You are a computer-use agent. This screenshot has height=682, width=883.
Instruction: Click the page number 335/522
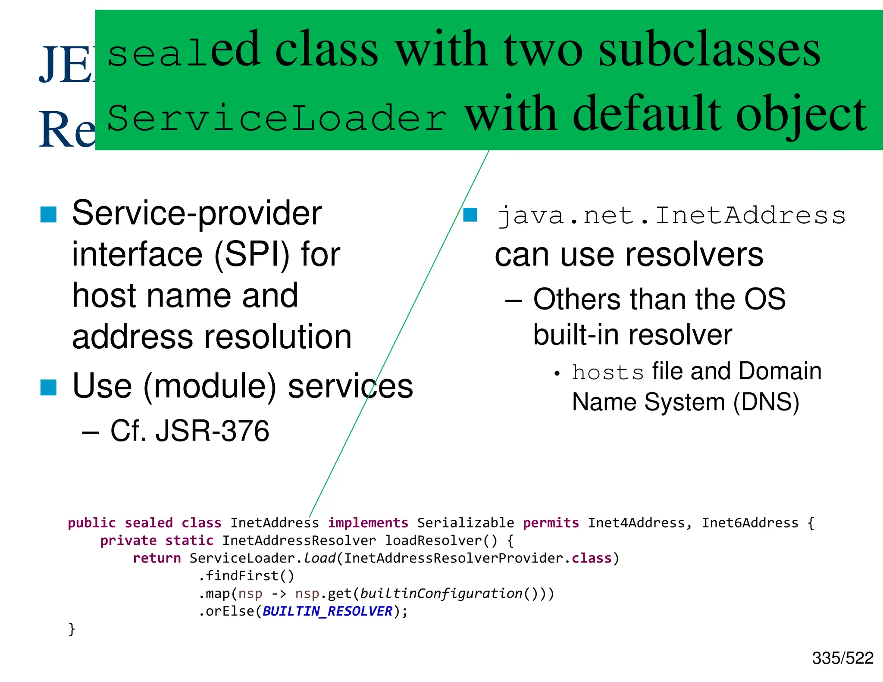click(842, 658)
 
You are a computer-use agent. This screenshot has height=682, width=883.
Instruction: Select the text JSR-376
click(212, 431)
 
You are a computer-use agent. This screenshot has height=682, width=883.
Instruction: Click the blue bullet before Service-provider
click(48, 214)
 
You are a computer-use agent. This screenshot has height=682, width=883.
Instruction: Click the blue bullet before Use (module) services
click(48, 387)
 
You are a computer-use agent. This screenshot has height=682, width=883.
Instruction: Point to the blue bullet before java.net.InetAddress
click(470, 215)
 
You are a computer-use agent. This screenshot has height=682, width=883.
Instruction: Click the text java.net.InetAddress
click(671, 215)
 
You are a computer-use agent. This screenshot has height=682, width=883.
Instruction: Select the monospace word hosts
click(607, 372)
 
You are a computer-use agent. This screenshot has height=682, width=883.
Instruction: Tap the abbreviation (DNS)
click(766, 402)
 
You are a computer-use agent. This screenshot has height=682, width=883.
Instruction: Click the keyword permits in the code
click(551, 523)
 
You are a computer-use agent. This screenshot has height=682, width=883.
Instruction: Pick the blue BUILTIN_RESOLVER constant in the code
click(327, 611)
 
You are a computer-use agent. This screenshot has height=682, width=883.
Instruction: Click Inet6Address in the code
click(750, 523)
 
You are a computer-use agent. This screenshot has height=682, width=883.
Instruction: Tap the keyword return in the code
click(157, 558)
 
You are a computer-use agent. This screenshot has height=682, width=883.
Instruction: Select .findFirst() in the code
click(246, 576)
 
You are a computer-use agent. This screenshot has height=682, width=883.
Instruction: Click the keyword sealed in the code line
click(148, 523)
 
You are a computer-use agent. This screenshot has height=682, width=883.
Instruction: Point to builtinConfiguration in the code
click(441, 594)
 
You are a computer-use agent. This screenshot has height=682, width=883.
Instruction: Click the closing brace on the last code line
click(72, 629)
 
